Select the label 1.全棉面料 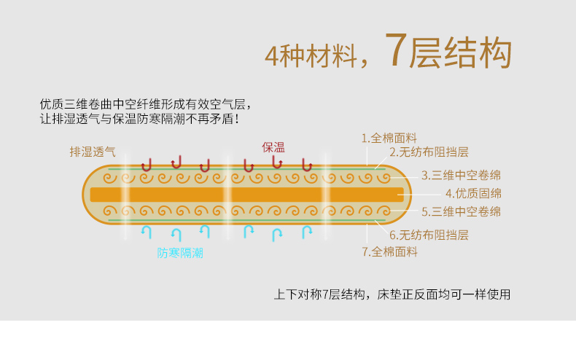[389, 138]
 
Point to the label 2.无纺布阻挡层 [429, 152]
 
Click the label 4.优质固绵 [473, 193]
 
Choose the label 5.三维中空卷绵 [461, 212]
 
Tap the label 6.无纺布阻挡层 [429, 235]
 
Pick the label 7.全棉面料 [390, 251]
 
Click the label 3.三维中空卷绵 [461, 175]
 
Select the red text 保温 [273, 146]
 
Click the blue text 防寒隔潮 [180, 253]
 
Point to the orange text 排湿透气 [93, 152]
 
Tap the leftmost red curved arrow [147, 165]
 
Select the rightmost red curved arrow [306, 165]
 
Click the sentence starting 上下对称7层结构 [392, 295]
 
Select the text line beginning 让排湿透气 [139, 119]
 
